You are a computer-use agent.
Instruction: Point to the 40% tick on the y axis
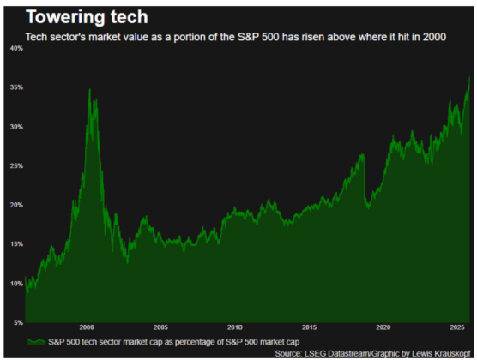16,49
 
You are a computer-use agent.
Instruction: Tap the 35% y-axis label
16,88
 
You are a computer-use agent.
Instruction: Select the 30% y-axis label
16,127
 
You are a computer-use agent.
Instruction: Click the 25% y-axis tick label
16,166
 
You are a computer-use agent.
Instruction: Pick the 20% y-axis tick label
16,206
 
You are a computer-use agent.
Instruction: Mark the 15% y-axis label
16,244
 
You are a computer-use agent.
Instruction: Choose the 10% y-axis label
16,284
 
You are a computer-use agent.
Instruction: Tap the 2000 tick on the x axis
87,328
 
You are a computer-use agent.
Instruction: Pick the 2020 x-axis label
383,328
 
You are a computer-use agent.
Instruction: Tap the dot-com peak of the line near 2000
89,89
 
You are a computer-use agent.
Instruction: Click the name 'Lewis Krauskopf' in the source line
439,352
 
